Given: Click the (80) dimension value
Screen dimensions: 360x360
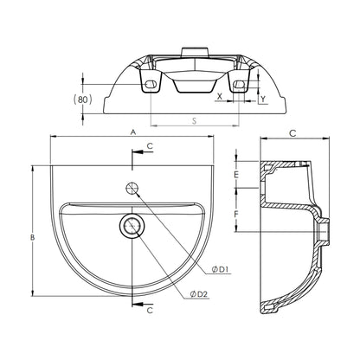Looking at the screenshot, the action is click(82, 100).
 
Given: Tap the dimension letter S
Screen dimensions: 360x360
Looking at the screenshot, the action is click(195, 121).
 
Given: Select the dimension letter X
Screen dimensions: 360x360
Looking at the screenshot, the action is click(220, 96).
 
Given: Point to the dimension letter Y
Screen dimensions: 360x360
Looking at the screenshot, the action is click(263, 100).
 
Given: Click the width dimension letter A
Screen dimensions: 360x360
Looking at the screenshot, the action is click(133, 132).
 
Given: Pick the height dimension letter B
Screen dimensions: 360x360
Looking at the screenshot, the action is click(33, 237).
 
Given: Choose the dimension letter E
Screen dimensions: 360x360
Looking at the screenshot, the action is click(236, 175).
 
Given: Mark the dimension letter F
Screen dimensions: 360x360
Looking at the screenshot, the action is click(236, 215).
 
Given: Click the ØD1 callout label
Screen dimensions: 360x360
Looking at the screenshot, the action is click(221, 269).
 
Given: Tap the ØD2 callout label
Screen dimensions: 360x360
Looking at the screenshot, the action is click(199, 294).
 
